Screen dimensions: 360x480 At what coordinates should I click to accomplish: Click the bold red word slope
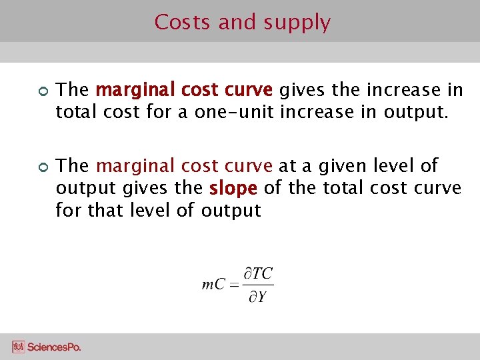click(x=233, y=189)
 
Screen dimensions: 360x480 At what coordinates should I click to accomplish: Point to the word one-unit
click(x=235, y=112)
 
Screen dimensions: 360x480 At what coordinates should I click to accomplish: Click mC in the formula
click(x=213, y=285)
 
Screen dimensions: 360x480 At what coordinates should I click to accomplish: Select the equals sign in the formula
click(x=233, y=285)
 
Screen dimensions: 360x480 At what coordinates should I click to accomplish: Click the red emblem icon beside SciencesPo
click(x=18, y=347)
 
